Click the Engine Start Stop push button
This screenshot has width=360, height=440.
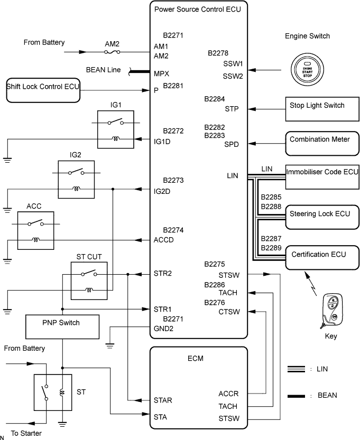[307, 69]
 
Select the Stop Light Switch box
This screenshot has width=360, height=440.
[322, 109]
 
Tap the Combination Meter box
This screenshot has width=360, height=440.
[322, 143]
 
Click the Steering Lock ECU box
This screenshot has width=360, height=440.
[322, 217]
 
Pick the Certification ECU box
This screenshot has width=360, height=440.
[322, 258]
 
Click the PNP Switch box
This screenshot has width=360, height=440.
[62, 326]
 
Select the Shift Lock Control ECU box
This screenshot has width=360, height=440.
[43, 90]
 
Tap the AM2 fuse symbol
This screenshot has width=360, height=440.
[112, 52]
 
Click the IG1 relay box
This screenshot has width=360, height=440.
[116, 129]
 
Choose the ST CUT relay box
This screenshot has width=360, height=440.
[89, 281]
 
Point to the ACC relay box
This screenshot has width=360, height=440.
[35, 230]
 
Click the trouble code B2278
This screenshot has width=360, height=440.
[218, 53]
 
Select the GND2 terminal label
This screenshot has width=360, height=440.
[163, 329]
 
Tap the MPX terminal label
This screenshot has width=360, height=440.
[161, 74]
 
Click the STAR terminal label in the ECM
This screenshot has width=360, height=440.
[163, 400]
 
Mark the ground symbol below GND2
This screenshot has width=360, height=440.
[110, 345]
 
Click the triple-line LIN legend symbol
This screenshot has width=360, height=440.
[296, 369]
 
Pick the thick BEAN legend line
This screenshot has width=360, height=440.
[296, 396]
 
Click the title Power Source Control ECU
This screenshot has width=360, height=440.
[198, 10]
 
